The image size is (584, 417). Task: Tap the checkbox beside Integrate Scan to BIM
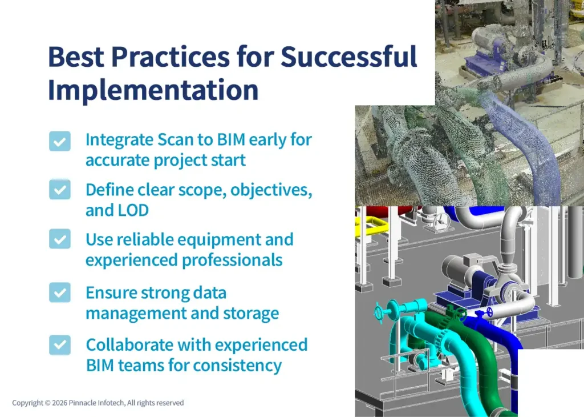pos(60,141)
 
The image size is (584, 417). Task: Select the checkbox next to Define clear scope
pos(60,190)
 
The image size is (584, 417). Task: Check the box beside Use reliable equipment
pos(60,239)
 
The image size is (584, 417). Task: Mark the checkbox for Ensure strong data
pos(60,292)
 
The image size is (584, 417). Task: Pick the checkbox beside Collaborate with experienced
pos(60,344)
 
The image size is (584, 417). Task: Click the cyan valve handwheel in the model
pos(381,312)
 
